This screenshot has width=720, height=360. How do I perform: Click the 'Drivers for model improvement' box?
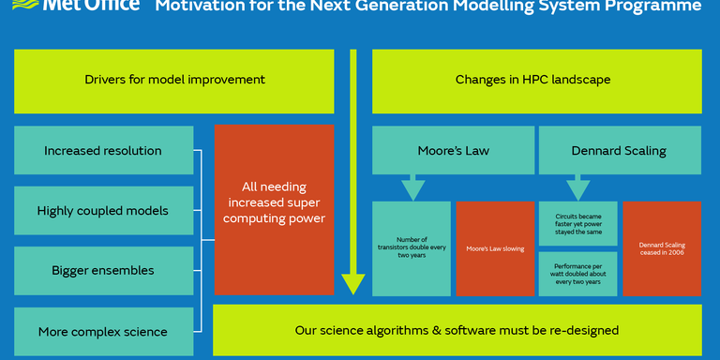pos(174,81)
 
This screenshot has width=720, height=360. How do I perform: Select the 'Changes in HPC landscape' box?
pos(532,81)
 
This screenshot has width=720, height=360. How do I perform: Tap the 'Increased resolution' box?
pos(103,150)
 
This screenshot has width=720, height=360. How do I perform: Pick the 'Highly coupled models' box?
pos(103,211)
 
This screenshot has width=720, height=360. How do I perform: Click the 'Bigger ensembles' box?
pos(103,271)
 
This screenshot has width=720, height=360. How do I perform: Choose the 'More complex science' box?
pos(103,331)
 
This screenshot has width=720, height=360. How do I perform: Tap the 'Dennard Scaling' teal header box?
pos(619,150)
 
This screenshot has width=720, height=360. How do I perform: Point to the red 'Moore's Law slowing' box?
pos(495,248)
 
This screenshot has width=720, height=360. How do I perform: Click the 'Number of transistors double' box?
pos(412,248)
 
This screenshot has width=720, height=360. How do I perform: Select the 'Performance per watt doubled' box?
pos(577,274)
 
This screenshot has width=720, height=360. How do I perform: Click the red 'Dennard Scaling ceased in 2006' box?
pos(661,248)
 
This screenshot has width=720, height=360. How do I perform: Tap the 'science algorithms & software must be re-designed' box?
pos(457,330)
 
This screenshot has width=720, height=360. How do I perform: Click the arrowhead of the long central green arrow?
pos(352,282)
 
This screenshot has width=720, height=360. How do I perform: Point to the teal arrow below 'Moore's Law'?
pos(412,187)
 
